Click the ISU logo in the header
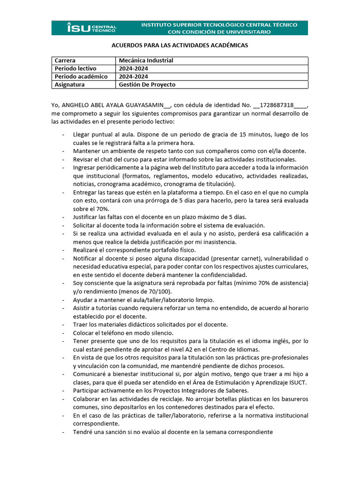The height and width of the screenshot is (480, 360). [92, 28]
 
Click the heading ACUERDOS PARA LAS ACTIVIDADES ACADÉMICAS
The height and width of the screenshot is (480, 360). [179, 45]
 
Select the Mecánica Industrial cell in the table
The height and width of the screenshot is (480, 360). [146, 60]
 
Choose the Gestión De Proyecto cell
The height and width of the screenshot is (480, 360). [147, 84]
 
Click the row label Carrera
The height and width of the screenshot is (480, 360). [65, 60]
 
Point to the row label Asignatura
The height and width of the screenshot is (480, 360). [69, 84]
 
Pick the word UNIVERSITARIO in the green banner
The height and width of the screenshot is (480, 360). [246, 32]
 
